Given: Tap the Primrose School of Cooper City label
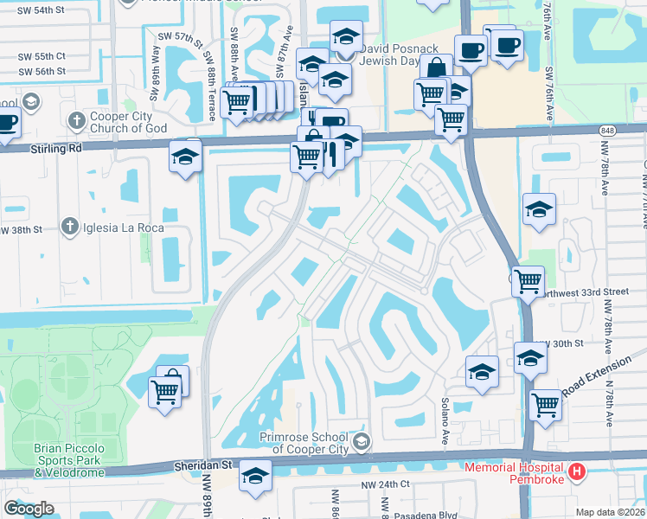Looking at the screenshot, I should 307,442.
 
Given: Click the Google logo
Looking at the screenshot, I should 29,509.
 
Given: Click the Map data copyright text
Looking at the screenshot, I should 611,512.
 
